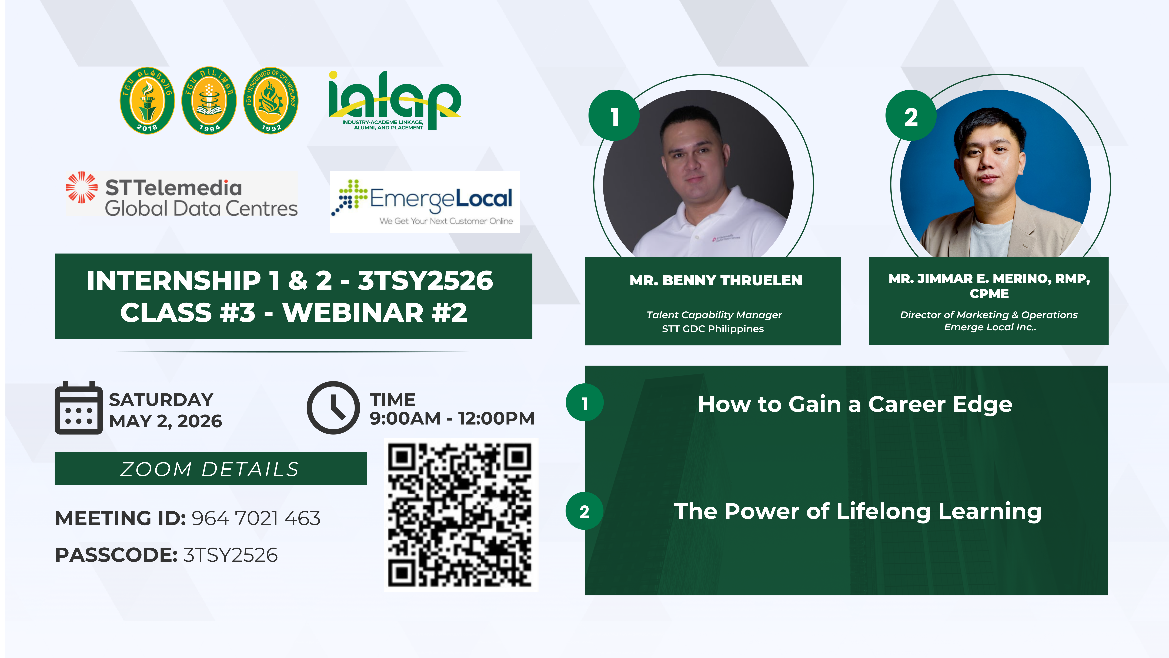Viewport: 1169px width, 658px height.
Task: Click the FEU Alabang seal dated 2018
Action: pos(147,100)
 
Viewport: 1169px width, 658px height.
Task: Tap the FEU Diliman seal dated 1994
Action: pos(209,100)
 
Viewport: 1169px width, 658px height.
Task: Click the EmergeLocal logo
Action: pos(425,202)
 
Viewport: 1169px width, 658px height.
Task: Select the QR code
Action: pos(461,515)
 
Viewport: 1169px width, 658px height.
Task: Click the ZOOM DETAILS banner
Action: pos(211,468)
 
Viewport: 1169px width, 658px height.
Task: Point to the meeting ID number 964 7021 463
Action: pos(256,518)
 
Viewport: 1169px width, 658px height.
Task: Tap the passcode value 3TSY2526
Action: pos(231,555)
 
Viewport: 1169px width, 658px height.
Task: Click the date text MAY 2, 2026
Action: pos(166,421)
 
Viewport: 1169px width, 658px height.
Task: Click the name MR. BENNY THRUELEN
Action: pos(716,280)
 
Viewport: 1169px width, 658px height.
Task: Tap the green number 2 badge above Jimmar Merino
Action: pos(911,115)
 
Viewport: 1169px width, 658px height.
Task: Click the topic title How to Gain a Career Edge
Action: pos(855,404)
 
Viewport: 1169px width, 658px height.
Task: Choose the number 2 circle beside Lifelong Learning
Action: pos(584,511)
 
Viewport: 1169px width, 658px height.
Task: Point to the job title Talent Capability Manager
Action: pos(714,315)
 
